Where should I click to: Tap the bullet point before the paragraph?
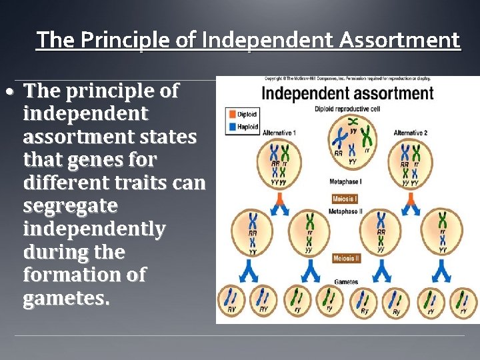point(13,91)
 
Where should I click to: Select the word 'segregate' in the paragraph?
point(70,205)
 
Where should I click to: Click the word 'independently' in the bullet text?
point(94,229)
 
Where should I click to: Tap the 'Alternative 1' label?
point(279,133)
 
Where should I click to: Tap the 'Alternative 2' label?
point(410,133)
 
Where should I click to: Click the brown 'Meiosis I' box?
point(346,199)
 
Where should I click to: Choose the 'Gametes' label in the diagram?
point(346,282)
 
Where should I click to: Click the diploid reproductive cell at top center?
point(351,141)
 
